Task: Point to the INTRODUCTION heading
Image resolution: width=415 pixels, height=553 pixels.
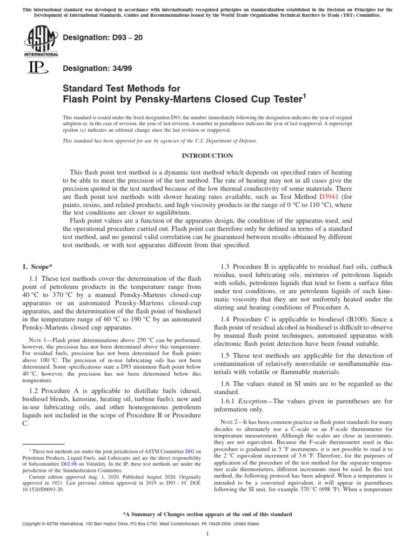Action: tap(207, 156)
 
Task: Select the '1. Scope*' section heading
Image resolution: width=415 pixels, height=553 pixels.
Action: tap(37, 267)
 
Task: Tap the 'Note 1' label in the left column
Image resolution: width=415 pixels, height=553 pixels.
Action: tap(37, 340)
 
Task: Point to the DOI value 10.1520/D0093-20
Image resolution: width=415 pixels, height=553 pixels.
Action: tap(44, 491)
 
